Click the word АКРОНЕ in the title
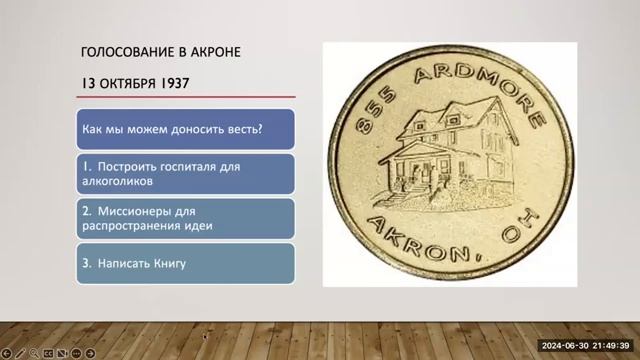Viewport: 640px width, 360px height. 210,51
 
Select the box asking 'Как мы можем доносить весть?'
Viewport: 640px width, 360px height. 186,130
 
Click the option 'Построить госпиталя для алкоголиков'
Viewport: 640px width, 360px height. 186,173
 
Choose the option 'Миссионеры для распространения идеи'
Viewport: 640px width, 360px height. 186,217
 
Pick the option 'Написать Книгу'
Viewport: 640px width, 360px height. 186,263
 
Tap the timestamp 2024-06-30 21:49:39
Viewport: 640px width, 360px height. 584,345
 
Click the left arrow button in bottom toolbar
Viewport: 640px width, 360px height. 6,353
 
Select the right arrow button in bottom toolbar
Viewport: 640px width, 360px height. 91,353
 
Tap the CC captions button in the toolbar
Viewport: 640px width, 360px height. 48,353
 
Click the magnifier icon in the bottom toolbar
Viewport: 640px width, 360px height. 34,353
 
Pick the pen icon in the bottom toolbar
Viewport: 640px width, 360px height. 20,353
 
